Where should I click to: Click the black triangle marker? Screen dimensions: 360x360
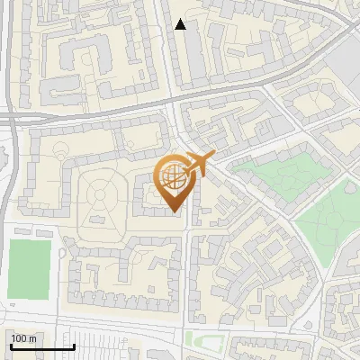tap(181, 24)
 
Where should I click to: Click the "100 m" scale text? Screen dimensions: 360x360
tap(23, 338)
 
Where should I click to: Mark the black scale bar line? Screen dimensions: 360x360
tap(41, 346)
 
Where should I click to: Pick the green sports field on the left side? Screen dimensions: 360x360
tap(29, 268)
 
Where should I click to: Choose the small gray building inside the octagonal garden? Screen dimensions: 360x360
tap(95, 219)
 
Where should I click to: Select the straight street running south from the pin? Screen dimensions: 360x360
tap(187, 270)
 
